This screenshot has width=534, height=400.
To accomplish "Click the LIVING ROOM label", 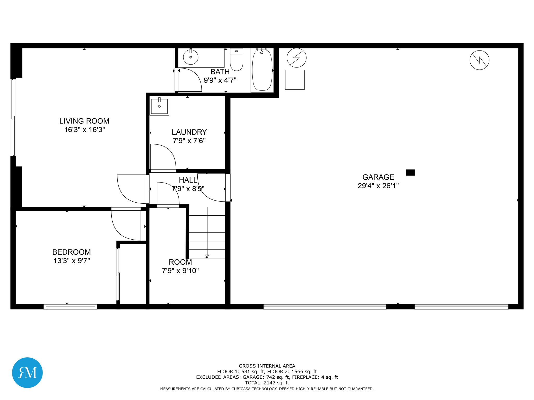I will point(84,121).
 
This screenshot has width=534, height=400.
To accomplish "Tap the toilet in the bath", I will point(236,60).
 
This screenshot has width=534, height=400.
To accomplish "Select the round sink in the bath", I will point(191,57).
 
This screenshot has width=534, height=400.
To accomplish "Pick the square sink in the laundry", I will point(159,106).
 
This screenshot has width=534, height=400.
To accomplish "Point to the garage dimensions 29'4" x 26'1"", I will point(378,186).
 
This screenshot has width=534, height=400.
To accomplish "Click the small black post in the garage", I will point(410,172).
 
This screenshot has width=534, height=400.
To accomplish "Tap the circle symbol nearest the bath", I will point(296,58).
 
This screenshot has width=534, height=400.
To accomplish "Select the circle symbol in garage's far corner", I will point(479,60).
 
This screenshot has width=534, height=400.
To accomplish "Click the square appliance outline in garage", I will point(295,80).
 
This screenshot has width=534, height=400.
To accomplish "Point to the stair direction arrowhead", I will point(207,256).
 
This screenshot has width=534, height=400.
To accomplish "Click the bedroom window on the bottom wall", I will point(70,307).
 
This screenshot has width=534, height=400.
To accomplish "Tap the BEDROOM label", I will point(71,252).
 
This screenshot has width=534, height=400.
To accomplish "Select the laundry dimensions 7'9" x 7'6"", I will point(189,141).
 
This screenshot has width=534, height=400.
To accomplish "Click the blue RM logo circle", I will point(27,372).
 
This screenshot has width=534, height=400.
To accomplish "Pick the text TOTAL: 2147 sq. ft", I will point(267,383).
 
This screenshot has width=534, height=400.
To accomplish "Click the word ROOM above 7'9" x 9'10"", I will point(180,262).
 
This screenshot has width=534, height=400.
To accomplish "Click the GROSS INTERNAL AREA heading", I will point(267,366).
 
